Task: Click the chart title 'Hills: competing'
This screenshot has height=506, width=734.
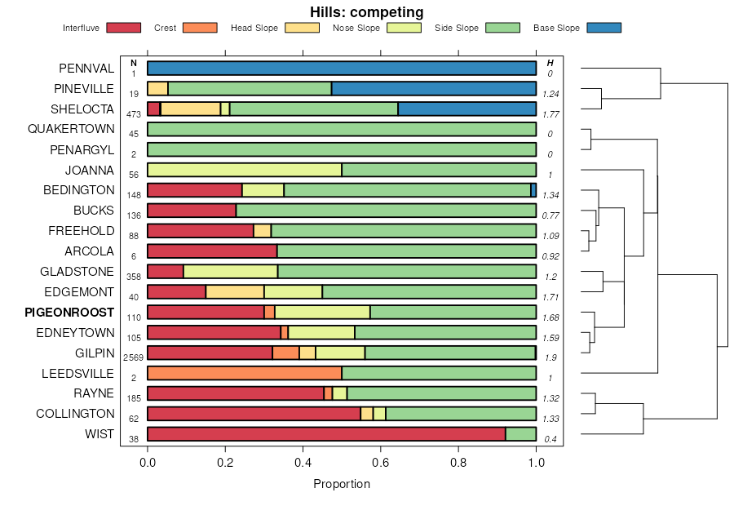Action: point(366,12)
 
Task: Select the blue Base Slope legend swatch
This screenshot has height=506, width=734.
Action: point(604,28)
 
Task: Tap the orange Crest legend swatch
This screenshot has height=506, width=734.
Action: point(200,28)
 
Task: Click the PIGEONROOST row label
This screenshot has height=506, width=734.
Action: point(69,312)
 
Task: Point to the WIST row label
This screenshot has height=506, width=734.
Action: point(99,434)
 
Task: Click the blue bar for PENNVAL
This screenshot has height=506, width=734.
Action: point(342,68)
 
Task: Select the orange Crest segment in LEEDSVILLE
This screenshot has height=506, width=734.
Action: point(245,373)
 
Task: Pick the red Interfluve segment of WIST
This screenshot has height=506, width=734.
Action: point(326,434)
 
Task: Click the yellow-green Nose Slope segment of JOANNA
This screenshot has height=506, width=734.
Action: point(245,170)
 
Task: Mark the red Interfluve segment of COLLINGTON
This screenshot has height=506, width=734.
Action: point(254,414)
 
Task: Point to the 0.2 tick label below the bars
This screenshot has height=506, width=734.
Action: point(225,461)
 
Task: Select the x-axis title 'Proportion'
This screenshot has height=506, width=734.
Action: point(342,484)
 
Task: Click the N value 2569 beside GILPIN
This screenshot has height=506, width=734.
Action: point(133,357)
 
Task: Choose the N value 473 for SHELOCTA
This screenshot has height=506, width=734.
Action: point(133,113)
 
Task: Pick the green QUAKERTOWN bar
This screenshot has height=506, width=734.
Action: point(342,129)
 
